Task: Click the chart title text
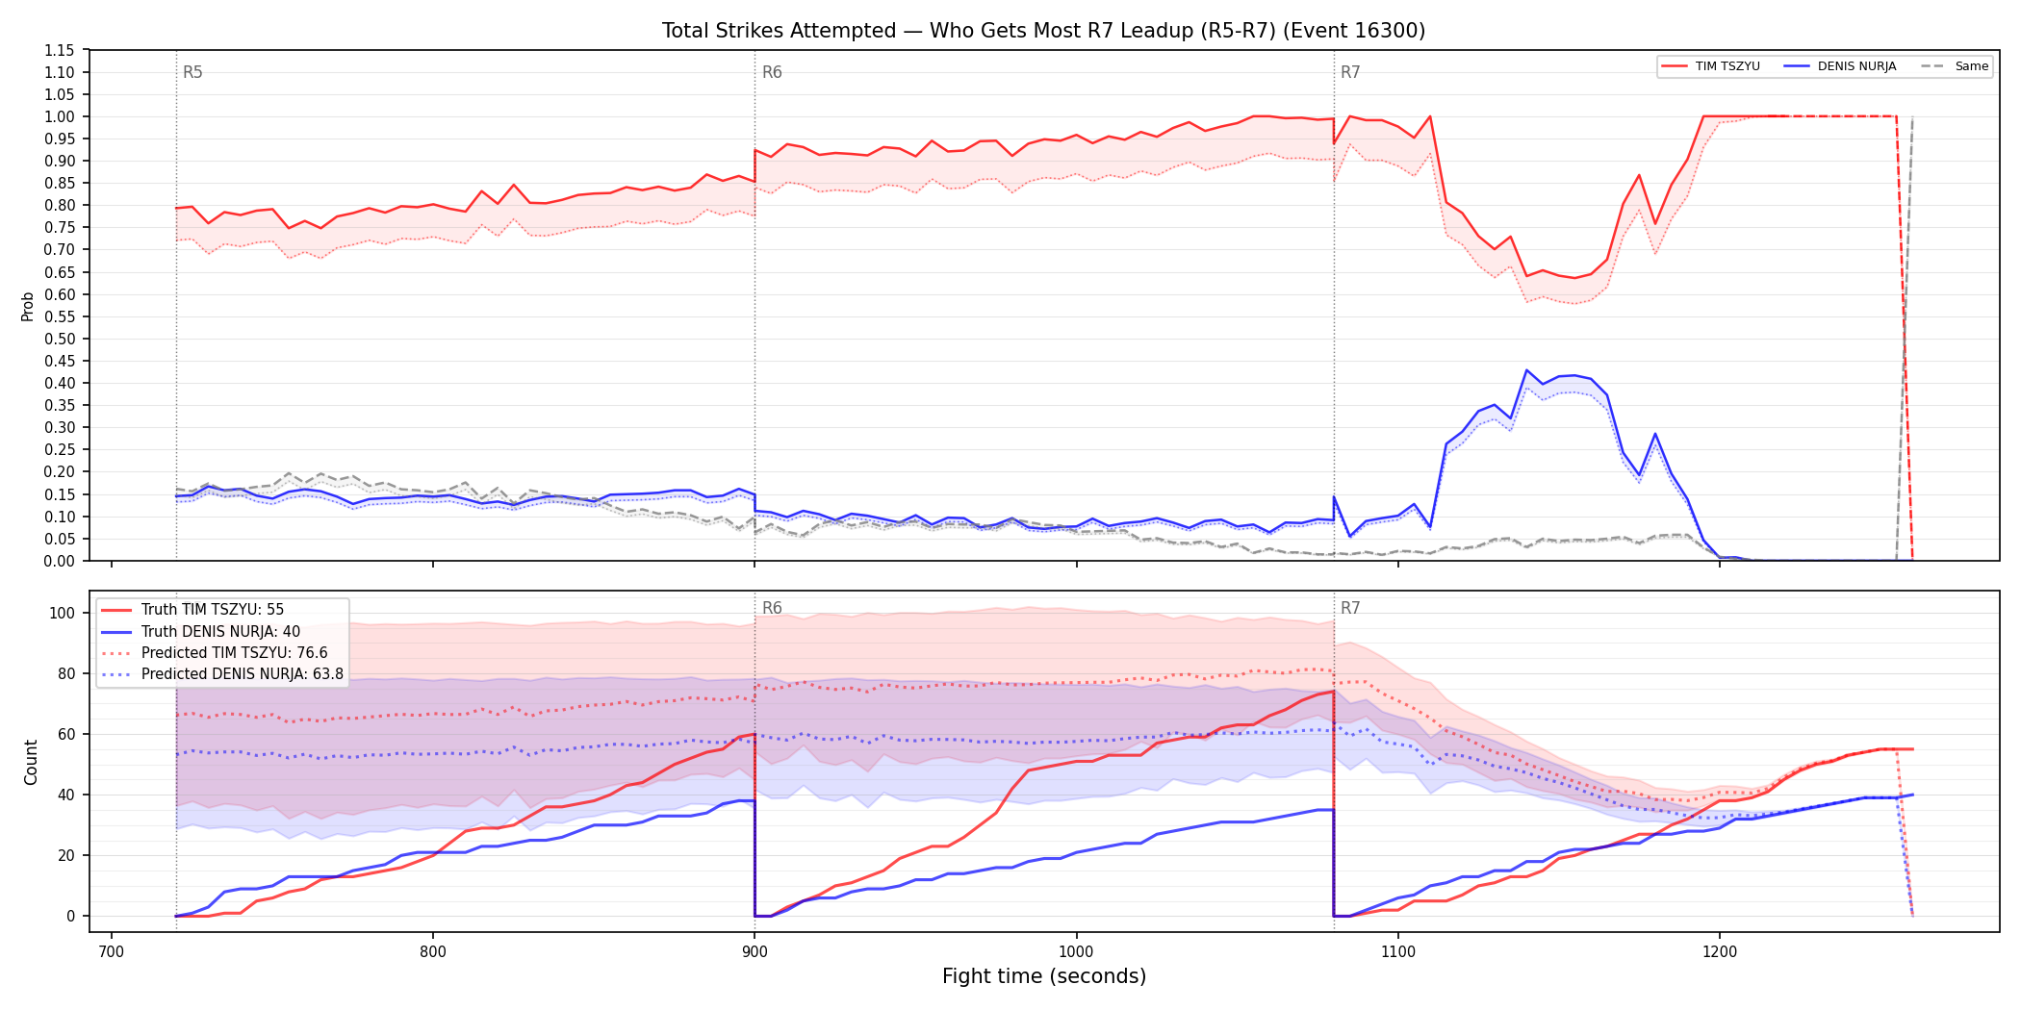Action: click(1043, 31)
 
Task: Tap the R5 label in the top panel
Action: click(192, 72)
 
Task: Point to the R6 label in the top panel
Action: click(772, 72)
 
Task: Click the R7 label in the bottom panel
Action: click(1350, 608)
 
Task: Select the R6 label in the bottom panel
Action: click(772, 608)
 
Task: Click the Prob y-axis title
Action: click(28, 306)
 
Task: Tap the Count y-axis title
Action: click(31, 762)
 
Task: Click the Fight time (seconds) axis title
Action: click(1044, 976)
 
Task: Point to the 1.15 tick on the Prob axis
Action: click(60, 50)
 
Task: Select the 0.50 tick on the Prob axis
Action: click(60, 339)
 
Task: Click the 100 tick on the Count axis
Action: click(63, 613)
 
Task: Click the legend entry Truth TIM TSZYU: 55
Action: click(213, 610)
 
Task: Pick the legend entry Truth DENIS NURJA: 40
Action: click(220, 632)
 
